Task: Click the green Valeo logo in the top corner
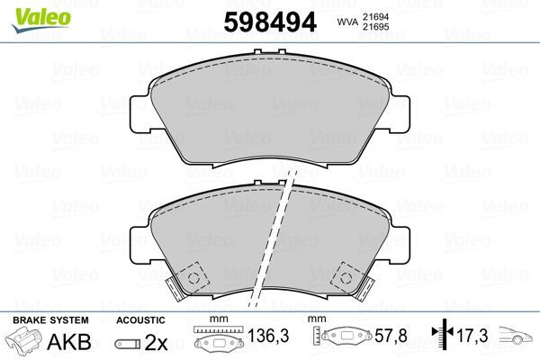coord(28,11)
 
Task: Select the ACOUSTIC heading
coord(140,320)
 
